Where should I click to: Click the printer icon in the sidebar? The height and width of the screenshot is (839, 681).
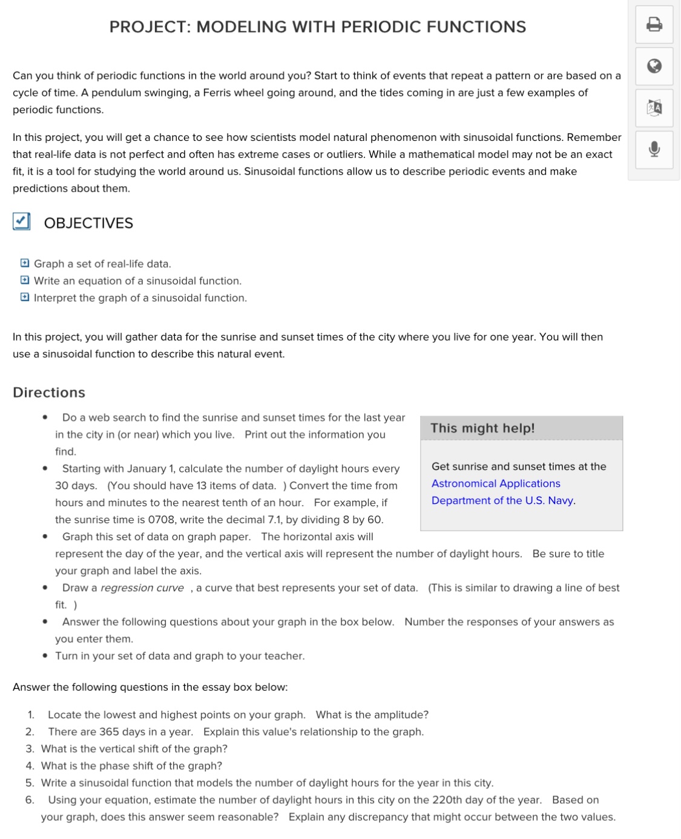pos(654,25)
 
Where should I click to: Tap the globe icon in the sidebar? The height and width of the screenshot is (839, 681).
pos(654,66)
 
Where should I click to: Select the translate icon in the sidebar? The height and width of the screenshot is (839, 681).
pos(654,108)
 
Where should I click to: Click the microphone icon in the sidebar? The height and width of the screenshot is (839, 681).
pos(654,149)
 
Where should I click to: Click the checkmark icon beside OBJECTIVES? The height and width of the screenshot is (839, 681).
pos(22,222)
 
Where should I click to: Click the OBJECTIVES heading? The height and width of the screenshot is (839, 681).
pos(88,223)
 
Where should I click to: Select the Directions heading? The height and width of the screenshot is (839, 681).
pos(49,393)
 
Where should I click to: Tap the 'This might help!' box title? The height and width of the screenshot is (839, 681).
pos(482,428)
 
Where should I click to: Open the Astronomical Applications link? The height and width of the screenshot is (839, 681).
pos(496,483)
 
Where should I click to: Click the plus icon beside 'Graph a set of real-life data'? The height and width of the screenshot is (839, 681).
pos(24,263)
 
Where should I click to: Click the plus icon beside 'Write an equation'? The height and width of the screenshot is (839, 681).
pos(24,280)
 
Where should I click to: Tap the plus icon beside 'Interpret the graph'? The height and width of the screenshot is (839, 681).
pos(24,297)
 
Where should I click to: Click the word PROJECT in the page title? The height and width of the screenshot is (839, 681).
pos(148,27)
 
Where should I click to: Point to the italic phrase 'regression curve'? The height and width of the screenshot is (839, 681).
pos(142,588)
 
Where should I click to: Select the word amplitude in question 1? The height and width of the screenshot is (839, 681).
pos(403,715)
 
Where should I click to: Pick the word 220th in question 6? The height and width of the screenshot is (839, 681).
pos(447,800)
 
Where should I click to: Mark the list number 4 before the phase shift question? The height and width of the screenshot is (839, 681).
pos(29,766)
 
